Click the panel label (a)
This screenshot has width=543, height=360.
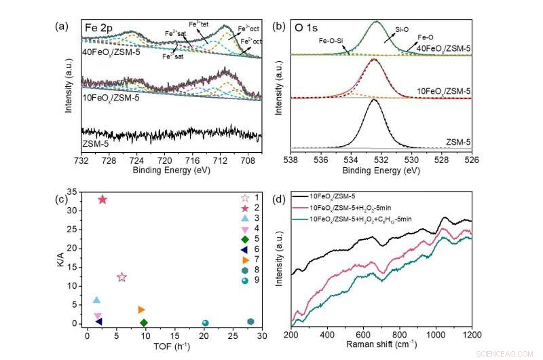pyautogui.click(x=62, y=26)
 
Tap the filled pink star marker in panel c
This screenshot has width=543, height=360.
pyautogui.click(x=103, y=200)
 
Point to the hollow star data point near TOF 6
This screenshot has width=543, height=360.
pyautogui.click(x=121, y=277)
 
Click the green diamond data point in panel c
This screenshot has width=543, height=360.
pyautogui.click(x=143, y=323)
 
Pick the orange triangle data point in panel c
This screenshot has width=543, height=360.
pyautogui.click(x=141, y=310)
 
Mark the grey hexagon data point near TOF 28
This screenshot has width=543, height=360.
pyautogui.click(x=250, y=322)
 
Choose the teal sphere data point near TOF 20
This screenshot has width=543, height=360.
pyautogui.click(x=206, y=323)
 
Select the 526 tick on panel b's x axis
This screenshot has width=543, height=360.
pyautogui.click(x=471, y=161)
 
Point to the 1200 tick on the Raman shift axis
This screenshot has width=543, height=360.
pyautogui.click(x=471, y=335)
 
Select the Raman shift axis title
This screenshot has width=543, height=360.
pyautogui.click(x=381, y=346)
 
